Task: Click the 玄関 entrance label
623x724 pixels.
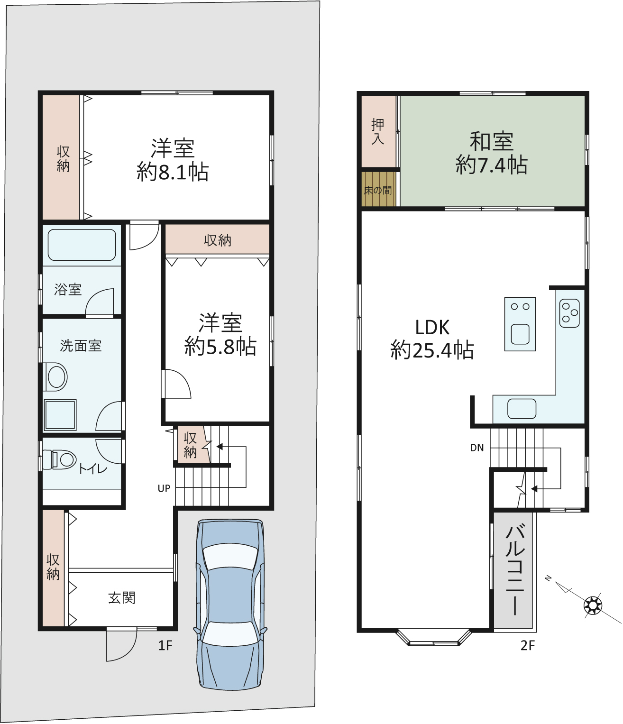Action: pyautogui.click(x=121, y=598)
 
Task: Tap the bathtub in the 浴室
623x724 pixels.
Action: pyautogui.click(x=82, y=245)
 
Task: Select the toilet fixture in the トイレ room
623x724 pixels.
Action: pyautogui.click(x=60, y=459)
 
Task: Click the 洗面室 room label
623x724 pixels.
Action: pyautogui.click(x=81, y=346)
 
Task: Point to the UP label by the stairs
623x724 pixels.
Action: pyautogui.click(x=164, y=488)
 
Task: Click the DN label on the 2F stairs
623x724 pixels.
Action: pyautogui.click(x=477, y=448)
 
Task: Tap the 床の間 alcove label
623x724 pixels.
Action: pyautogui.click(x=377, y=190)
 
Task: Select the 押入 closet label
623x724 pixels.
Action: pyautogui.click(x=378, y=132)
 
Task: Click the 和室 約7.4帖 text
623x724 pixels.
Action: pyautogui.click(x=491, y=153)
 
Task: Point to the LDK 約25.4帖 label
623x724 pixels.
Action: pyautogui.click(x=432, y=339)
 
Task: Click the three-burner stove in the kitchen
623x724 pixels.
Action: pyautogui.click(x=569, y=313)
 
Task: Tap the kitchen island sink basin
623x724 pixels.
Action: pyautogui.click(x=520, y=335)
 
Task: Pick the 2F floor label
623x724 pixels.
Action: pyautogui.click(x=528, y=645)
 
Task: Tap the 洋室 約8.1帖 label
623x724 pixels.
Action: pyautogui.click(x=173, y=160)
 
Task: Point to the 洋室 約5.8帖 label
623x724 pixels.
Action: pyautogui.click(x=220, y=335)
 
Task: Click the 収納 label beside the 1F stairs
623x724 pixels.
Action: pyautogui.click(x=190, y=445)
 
